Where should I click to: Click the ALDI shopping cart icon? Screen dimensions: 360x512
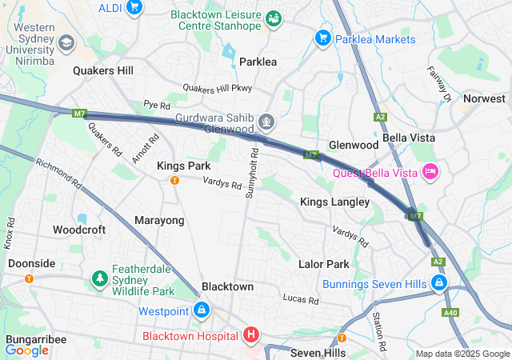point(134,8)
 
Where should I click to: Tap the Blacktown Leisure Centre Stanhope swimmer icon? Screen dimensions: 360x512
point(274,18)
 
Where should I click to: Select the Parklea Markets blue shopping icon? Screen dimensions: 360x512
point(323,37)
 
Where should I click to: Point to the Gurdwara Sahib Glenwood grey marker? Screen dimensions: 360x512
point(266,122)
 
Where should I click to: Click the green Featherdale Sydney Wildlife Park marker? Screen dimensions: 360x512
point(100,278)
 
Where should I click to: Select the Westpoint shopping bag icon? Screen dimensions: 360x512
point(202,310)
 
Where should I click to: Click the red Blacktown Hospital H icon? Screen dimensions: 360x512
point(251,335)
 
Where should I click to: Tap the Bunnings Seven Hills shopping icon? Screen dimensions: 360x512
point(438,283)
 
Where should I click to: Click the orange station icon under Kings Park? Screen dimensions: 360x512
point(174,180)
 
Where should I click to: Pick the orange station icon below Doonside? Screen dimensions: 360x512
point(30,278)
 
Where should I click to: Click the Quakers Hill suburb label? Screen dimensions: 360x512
point(103,70)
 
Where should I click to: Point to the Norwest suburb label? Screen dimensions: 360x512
point(484,98)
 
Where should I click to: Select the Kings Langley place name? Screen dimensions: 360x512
point(334,202)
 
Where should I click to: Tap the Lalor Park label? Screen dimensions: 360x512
point(323,264)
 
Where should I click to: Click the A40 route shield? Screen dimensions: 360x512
point(450,312)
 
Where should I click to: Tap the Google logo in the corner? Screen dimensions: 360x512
point(27,350)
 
